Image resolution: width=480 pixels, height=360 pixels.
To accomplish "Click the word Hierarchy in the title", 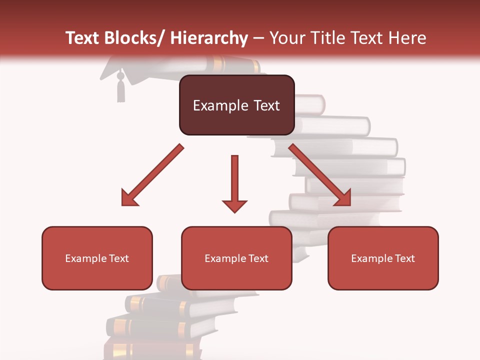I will point(209,38).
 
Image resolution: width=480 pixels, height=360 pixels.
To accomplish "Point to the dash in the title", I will point(259,39).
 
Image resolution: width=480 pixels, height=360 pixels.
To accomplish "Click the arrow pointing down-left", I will point(151,176).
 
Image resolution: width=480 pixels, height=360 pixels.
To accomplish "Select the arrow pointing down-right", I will point(320,175).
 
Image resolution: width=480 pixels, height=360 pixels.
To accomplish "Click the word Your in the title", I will point(285,38).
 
